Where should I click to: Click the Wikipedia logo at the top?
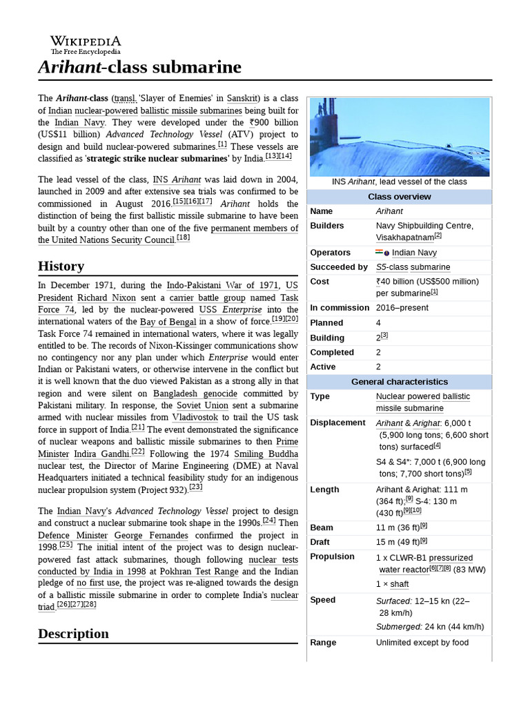point(85,45)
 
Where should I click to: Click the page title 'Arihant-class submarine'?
point(139,67)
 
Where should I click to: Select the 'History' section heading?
point(61,266)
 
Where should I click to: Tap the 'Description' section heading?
point(73,633)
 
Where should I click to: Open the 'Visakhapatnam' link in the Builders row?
point(404,237)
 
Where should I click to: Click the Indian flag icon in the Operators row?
point(380,253)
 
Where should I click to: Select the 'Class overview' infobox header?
point(399,197)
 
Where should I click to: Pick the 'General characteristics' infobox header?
point(399,382)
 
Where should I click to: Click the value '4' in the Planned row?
point(379,322)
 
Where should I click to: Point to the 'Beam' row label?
point(322,527)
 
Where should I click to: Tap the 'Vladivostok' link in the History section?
point(195,418)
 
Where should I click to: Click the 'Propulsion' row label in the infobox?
point(333,556)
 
